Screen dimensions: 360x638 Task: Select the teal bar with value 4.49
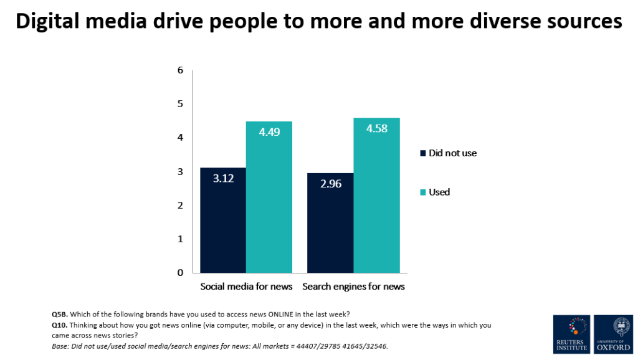pyautogui.click(x=269, y=197)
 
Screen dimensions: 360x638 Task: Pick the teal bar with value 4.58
pyautogui.click(x=376, y=195)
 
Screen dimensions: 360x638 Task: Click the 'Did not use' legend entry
pyautogui.click(x=448, y=153)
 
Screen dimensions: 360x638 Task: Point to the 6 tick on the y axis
pyautogui.click(x=180, y=70)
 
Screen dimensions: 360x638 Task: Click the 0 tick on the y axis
pyautogui.click(x=180, y=273)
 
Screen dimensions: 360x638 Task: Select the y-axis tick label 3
pyautogui.click(x=180, y=171)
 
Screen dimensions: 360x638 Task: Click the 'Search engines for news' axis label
pyautogui.click(x=353, y=287)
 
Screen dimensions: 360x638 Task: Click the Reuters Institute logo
pyautogui.click(x=571, y=334)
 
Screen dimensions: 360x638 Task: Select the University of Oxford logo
pyautogui.click(x=613, y=334)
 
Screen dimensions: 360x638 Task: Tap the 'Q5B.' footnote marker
pyautogui.click(x=60, y=313)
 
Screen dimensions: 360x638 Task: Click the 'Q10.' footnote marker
pyautogui.click(x=60, y=325)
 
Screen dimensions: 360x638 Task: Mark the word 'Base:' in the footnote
pyautogui.click(x=61, y=346)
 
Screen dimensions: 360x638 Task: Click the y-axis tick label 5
pyautogui.click(x=180, y=104)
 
